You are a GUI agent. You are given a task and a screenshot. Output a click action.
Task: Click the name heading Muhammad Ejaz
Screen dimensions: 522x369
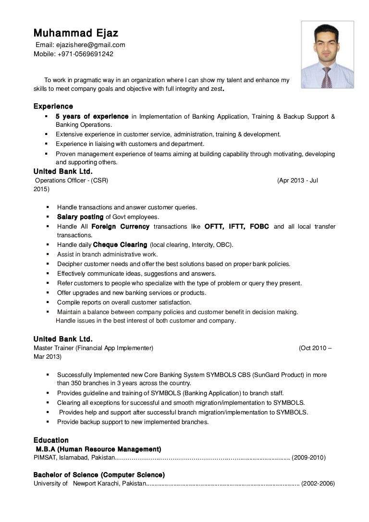coord(75,33)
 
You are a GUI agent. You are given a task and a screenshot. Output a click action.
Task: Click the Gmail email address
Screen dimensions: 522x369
coord(91,45)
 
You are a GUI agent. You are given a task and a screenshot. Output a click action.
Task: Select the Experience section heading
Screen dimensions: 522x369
coord(53,106)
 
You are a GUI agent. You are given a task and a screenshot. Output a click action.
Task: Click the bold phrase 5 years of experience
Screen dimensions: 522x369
coord(92,116)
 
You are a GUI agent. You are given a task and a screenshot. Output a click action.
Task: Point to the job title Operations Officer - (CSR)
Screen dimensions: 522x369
coord(72,181)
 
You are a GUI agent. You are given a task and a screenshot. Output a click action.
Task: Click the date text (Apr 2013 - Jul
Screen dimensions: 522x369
coord(297,181)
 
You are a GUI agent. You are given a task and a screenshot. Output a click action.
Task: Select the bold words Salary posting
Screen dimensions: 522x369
coord(80,217)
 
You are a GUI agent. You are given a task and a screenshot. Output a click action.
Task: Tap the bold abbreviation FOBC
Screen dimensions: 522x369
coord(259,226)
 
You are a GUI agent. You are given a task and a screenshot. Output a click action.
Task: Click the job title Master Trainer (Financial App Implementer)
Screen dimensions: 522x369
coord(94,348)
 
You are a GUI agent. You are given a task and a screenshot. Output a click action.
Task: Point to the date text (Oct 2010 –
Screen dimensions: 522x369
coord(315,348)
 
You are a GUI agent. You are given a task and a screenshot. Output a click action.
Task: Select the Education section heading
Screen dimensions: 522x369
coord(51,440)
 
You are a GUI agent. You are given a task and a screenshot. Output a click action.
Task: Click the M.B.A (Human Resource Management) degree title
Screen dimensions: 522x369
coord(98,449)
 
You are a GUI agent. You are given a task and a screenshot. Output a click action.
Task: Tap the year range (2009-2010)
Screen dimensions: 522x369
coord(308,458)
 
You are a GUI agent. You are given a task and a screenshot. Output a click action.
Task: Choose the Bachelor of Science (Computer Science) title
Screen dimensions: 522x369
coord(99,475)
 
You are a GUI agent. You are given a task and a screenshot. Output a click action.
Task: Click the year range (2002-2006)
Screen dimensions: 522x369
coord(318,484)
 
